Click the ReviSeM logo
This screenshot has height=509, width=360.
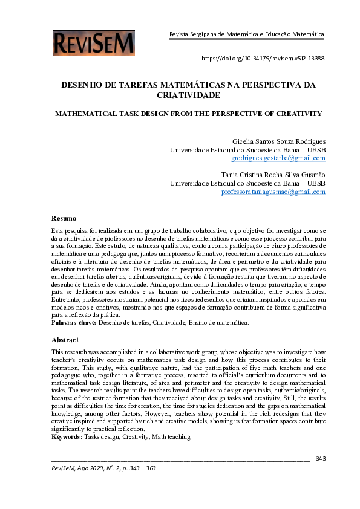94,43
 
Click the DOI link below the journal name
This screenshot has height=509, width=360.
263,59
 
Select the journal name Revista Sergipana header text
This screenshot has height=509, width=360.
246,35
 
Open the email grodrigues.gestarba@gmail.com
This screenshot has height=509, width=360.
278,158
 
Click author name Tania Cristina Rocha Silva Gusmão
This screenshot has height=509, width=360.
273,175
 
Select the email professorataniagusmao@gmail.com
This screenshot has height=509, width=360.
273,192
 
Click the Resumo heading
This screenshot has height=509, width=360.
64,218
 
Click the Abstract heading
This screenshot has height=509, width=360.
65,340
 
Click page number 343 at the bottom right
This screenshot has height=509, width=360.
321,458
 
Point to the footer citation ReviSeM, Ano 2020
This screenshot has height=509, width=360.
103,468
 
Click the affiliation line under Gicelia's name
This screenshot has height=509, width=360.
247,149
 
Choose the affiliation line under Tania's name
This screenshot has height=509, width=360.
247,183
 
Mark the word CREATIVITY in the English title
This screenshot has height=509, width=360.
284,114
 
